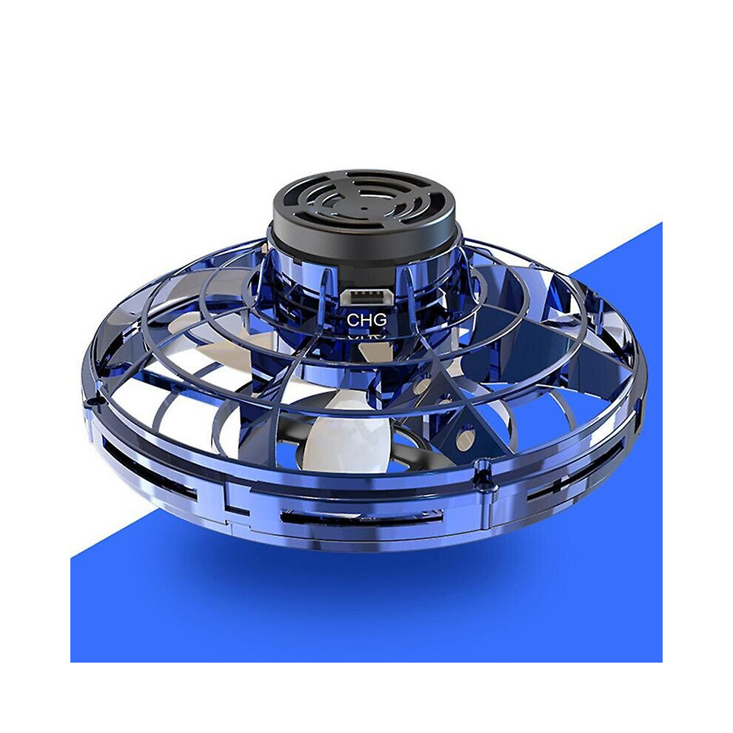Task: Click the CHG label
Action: tap(366, 320)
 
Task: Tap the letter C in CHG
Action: tap(352, 320)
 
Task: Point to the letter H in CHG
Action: tap(366, 320)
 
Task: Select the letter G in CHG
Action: tap(381, 320)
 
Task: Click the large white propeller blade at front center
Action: tap(338, 439)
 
